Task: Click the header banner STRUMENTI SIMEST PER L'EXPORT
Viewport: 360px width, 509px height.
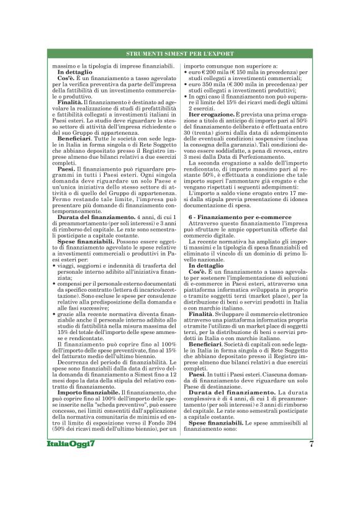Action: tap(179, 54)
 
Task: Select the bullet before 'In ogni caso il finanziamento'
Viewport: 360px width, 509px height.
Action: tap(187, 97)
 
